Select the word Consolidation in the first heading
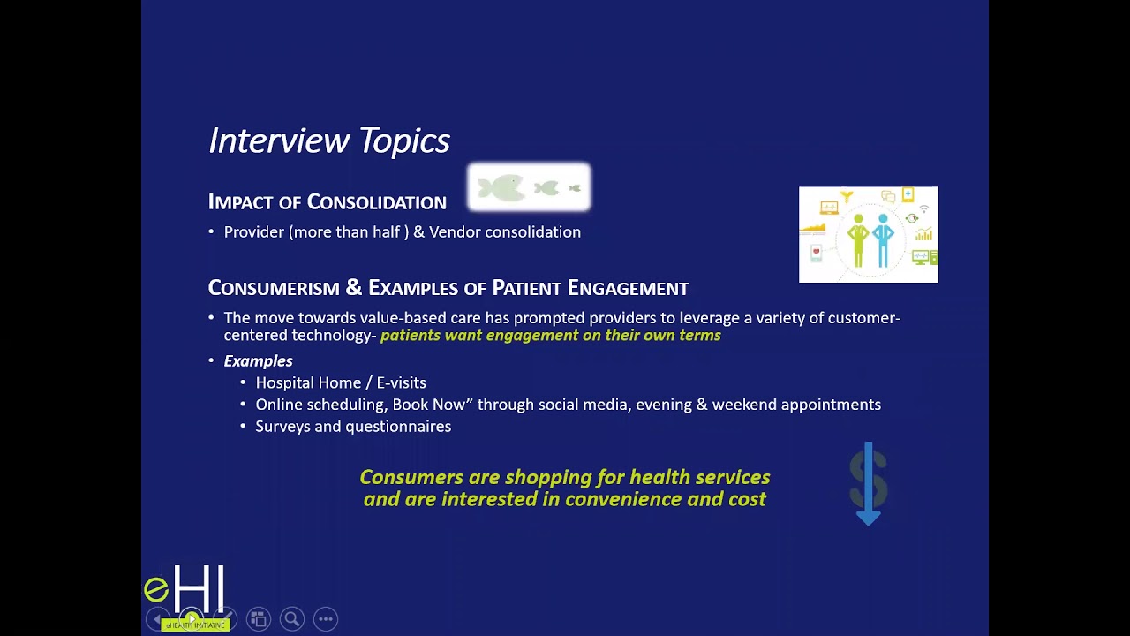(x=376, y=202)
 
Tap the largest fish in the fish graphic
(x=500, y=188)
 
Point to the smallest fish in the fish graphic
(x=575, y=188)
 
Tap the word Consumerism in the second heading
(x=274, y=288)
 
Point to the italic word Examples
(x=258, y=361)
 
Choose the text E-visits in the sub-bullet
(x=401, y=382)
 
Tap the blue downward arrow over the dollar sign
(x=869, y=486)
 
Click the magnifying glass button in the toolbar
(x=292, y=619)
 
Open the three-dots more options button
(x=326, y=619)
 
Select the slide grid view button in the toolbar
(x=259, y=619)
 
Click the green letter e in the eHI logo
(x=156, y=589)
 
